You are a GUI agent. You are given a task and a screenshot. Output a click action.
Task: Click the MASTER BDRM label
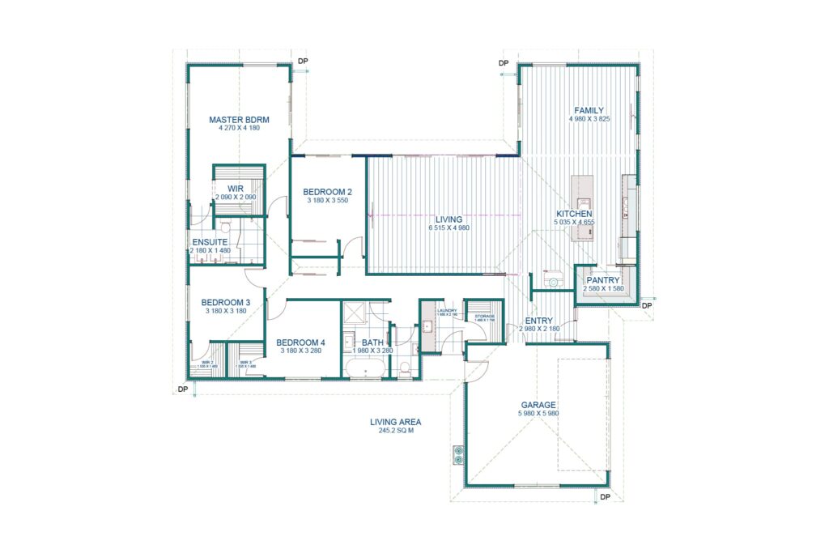[x=239, y=120]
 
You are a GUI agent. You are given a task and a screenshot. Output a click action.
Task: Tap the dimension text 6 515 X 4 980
[x=449, y=228]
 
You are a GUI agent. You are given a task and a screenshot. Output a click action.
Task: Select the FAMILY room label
[x=589, y=110]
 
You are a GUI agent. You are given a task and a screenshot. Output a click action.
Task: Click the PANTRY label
[x=603, y=280]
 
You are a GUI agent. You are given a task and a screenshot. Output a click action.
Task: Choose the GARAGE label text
[x=538, y=405]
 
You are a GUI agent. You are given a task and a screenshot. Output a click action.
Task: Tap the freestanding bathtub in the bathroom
[x=365, y=369]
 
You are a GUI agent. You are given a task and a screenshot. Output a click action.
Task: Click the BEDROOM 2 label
[x=327, y=192]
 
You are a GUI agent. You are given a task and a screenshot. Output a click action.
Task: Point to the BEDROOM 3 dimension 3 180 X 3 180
[x=226, y=311]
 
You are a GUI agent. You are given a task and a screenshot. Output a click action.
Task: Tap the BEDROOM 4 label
[x=300, y=342]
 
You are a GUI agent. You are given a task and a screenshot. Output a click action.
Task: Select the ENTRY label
[x=538, y=321]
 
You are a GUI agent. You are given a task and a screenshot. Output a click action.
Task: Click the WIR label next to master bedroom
[x=236, y=188]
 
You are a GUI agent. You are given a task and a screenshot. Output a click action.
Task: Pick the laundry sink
[x=427, y=328]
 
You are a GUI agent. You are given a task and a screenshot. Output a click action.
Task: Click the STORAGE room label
[x=485, y=317]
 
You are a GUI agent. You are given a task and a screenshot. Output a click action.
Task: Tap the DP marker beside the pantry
[x=646, y=306]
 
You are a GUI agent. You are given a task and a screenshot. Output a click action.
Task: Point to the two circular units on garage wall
[x=459, y=455]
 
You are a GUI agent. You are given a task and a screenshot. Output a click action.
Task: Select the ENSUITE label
[x=209, y=242]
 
